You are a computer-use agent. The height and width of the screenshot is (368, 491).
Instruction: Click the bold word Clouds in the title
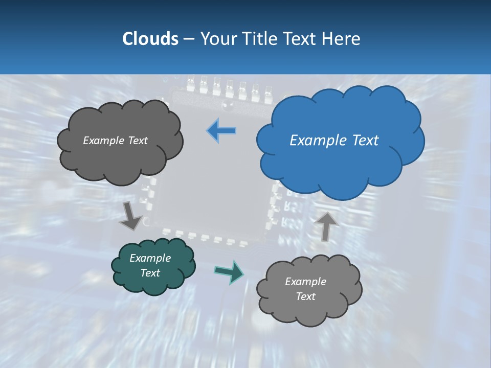150,39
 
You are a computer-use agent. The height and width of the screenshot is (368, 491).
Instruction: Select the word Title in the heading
258,39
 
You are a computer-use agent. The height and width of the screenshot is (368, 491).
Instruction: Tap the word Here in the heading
342,39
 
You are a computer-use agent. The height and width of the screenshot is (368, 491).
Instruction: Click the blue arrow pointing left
221,131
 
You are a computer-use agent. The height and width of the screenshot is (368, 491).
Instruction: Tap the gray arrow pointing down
130,216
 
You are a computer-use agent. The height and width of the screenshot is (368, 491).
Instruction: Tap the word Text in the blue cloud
365,141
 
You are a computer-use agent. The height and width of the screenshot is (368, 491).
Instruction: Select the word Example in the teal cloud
150,258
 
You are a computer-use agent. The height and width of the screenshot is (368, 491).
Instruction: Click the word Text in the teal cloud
150,273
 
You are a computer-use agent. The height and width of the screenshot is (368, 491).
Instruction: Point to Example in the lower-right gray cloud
305,282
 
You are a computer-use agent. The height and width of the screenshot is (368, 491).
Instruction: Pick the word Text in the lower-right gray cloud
305,296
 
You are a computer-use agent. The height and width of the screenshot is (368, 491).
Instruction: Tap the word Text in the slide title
301,39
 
